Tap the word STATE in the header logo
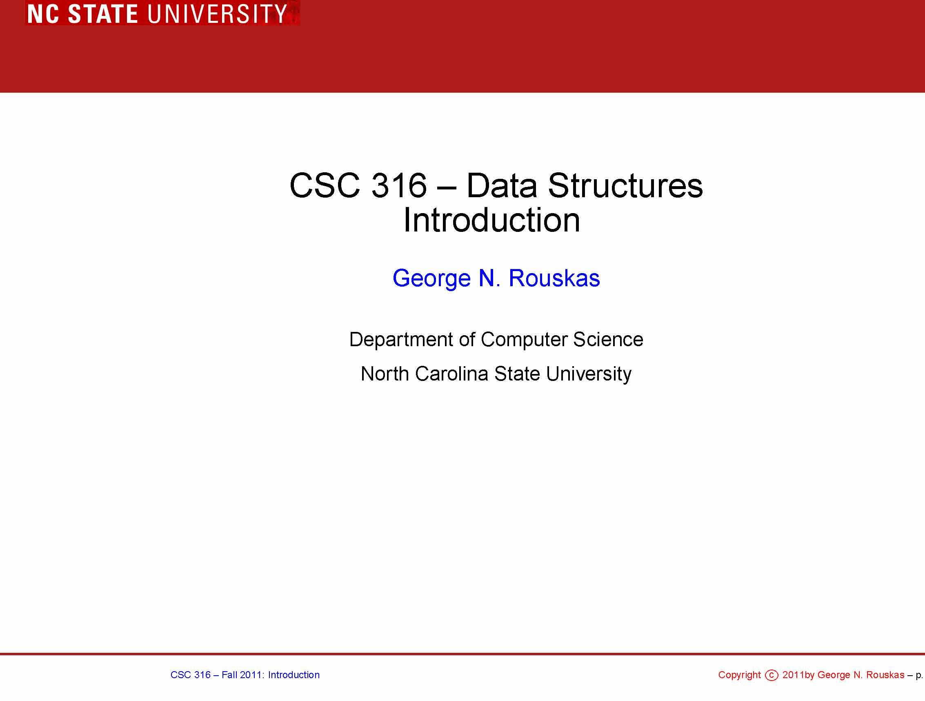tap(103, 13)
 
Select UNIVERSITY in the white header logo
tap(217, 13)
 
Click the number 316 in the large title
tap(399, 186)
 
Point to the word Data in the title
tap(501, 186)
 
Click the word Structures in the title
tap(625, 186)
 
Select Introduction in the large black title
tap(491, 220)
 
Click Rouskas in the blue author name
tap(554, 278)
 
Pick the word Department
tap(400, 340)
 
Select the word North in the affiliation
tap(385, 374)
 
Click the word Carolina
tap(451, 374)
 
